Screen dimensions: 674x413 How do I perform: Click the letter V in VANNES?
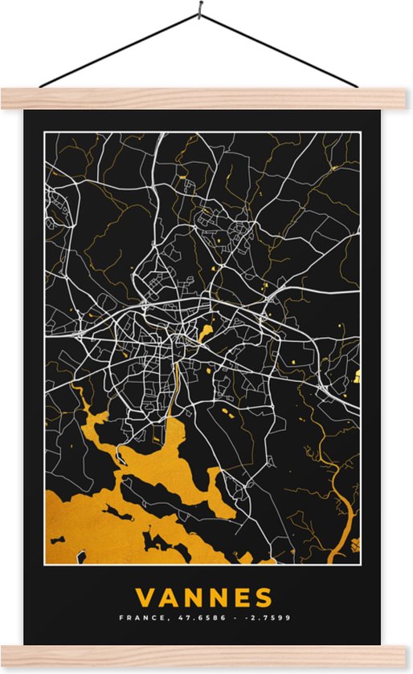pyautogui.click(x=145, y=598)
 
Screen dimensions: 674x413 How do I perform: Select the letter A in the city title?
pyautogui.click(x=169, y=598)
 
